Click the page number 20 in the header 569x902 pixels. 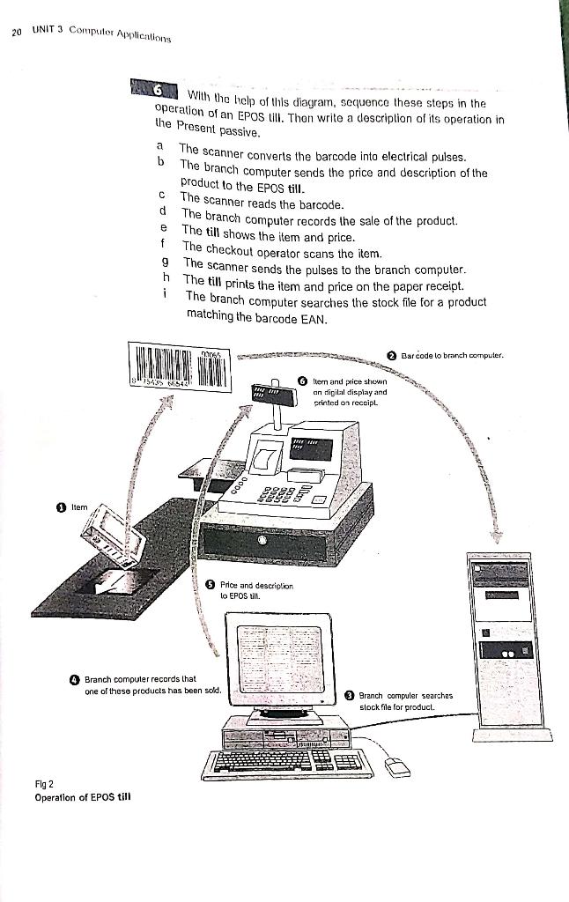(17, 33)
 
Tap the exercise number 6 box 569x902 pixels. (158, 89)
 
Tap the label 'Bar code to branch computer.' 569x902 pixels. (452, 356)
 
